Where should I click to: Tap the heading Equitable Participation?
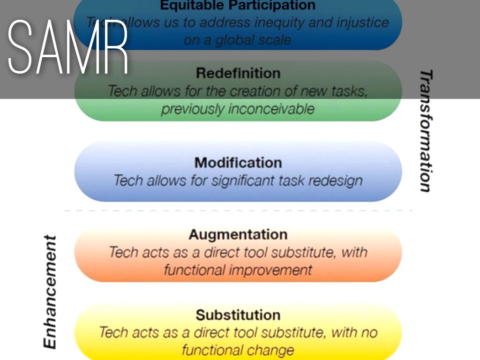[238, 6]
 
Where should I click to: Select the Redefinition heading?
[238, 73]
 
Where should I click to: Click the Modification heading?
[238, 163]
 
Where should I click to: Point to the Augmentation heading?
[238, 234]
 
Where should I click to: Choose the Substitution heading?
[238, 315]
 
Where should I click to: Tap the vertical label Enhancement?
[50, 292]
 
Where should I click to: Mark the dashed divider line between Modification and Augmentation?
[238, 210]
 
